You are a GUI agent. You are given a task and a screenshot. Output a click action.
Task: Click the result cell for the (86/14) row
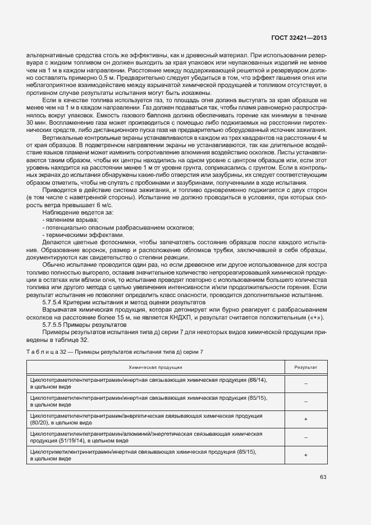click(306, 383)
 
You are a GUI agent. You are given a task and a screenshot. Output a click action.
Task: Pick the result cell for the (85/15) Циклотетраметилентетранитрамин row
click(306, 401)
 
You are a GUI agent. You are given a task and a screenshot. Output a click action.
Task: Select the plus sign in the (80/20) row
click(306, 419)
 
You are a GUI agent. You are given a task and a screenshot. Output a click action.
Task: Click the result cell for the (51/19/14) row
click(306, 437)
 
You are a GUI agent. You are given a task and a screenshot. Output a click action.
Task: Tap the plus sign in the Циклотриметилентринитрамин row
click(306, 455)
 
